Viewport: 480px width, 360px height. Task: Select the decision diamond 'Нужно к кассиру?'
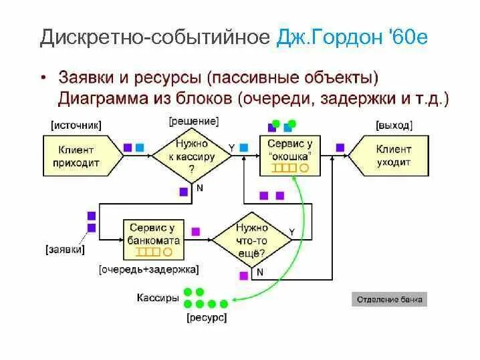[x=192, y=156]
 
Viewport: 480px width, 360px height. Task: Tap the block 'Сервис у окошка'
[x=289, y=156]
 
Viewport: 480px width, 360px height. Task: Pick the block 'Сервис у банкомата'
[x=155, y=240]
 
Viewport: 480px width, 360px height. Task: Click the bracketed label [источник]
[x=76, y=125]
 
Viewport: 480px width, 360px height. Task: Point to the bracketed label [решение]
[x=194, y=121]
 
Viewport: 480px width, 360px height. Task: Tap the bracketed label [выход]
[x=394, y=125]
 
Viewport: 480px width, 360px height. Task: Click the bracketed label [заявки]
[x=66, y=250]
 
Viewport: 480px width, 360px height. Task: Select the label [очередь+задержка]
[x=149, y=270]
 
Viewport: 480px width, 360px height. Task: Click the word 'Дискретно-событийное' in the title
[x=154, y=37]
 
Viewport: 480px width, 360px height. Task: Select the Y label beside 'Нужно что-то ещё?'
[x=291, y=231]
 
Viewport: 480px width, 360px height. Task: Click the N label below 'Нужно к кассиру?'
[x=199, y=188]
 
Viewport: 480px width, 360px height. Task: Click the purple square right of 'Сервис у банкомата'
[x=196, y=231]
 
